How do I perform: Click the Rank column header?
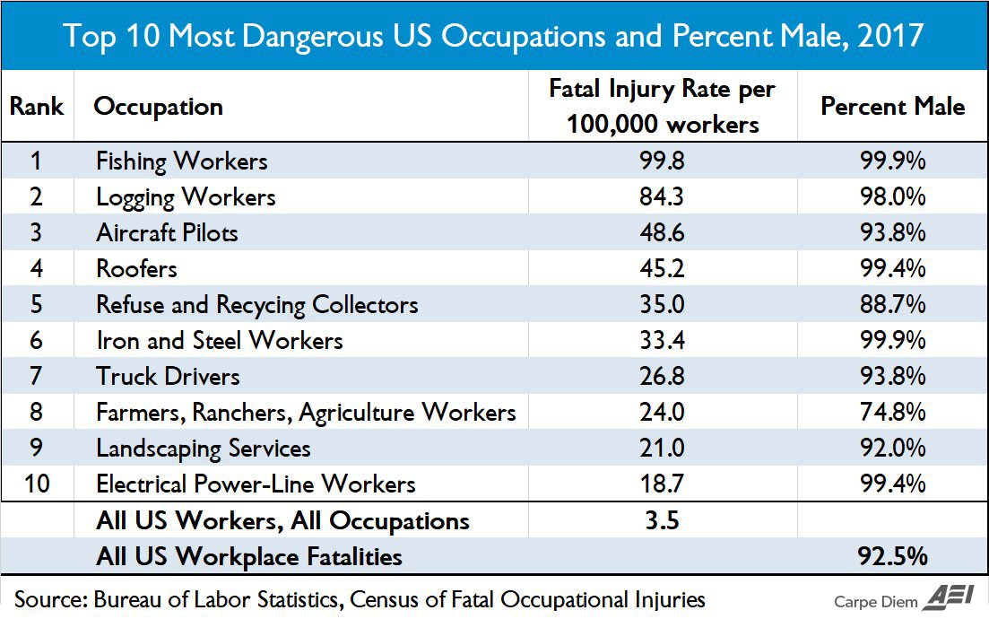pyautogui.click(x=37, y=106)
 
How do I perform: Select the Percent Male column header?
pyautogui.click(x=892, y=106)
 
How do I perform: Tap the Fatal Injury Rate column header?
pyautogui.click(x=662, y=106)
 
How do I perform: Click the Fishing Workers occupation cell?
pyautogui.click(x=182, y=161)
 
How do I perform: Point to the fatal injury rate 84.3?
pyautogui.click(x=662, y=197)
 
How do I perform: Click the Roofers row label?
pyautogui.click(x=137, y=269)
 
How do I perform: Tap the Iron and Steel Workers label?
pyautogui.click(x=220, y=341)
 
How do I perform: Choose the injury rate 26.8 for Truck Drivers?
pyautogui.click(x=662, y=377)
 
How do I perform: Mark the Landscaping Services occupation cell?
pyautogui.click(x=204, y=449)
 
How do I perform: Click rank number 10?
pyautogui.click(x=37, y=484)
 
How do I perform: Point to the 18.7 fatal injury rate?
pyautogui.click(x=662, y=484)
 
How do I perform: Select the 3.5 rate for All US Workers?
pyautogui.click(x=662, y=520)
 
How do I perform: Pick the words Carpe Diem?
pyautogui.click(x=870, y=601)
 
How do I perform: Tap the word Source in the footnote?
pyautogui.click(x=48, y=599)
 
